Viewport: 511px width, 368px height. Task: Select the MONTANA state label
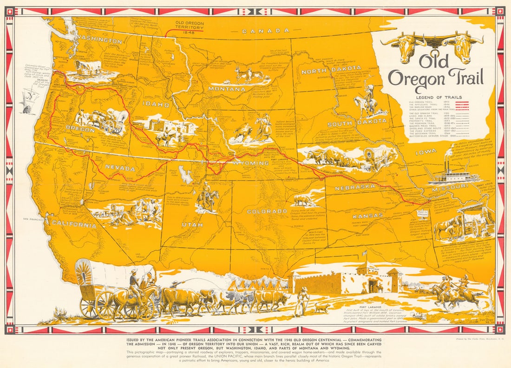[x=227, y=89]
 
